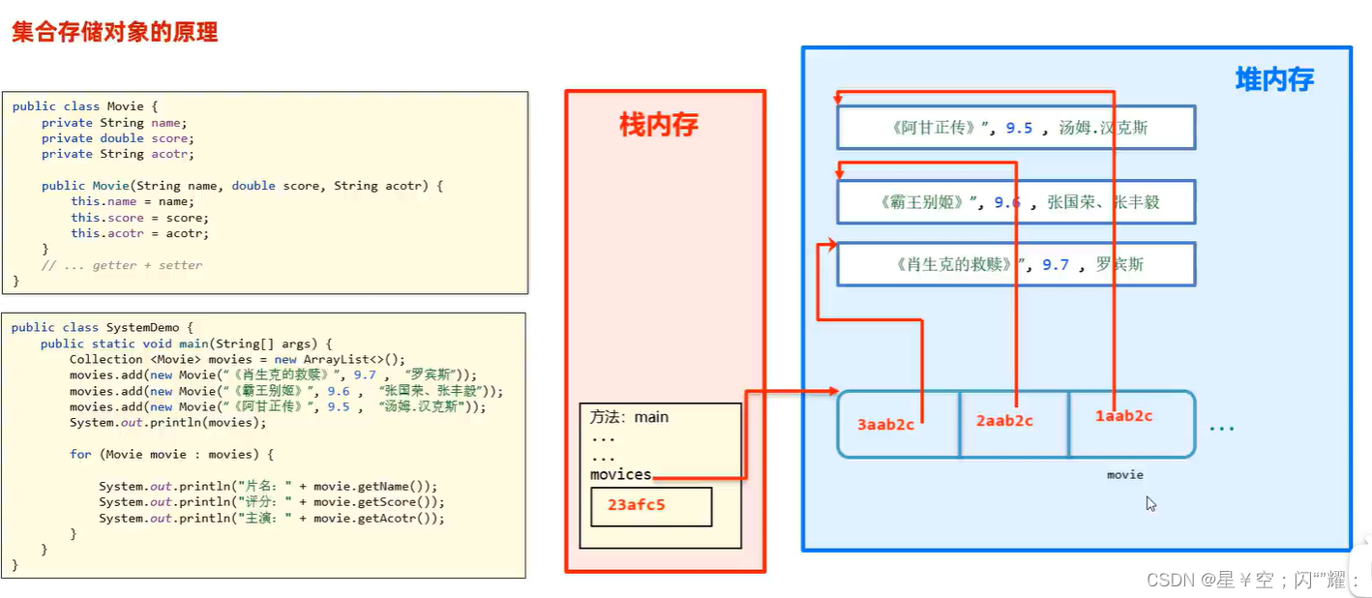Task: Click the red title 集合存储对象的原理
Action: click(114, 32)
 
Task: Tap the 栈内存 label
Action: click(658, 125)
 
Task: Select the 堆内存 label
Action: click(1274, 79)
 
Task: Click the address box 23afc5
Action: click(651, 506)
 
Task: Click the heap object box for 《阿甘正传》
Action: click(1016, 128)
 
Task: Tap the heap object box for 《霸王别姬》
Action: click(1016, 202)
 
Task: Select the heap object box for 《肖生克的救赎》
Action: click(1016, 264)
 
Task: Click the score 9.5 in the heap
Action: click(1019, 128)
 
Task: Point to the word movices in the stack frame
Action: click(620, 474)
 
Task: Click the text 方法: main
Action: click(629, 417)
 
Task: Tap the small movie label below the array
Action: click(1125, 475)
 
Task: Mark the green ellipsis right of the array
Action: click(1222, 427)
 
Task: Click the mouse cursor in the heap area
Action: click(1150, 503)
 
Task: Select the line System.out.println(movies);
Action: click(167, 423)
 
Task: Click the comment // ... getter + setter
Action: click(122, 265)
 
